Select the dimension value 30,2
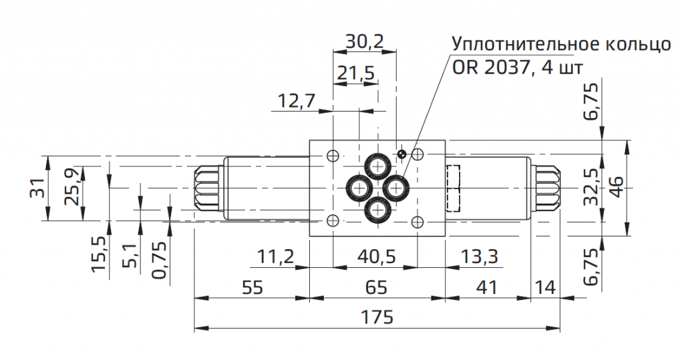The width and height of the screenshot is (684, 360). [x=365, y=41]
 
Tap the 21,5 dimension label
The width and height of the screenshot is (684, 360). [x=355, y=73]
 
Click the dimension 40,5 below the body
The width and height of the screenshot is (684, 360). [x=377, y=256]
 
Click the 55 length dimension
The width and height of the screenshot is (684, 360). [x=251, y=287]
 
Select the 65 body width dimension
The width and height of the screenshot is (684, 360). [x=377, y=287]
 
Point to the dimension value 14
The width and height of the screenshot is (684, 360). [x=545, y=287]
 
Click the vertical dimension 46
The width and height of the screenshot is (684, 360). [x=616, y=188]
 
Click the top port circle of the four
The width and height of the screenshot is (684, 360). [x=378, y=165]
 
